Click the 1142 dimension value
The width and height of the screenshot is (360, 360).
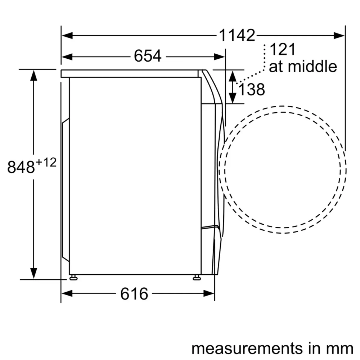[x=237, y=36]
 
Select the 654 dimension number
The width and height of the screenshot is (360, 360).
[x=148, y=56]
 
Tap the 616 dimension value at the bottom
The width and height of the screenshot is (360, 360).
[x=134, y=294]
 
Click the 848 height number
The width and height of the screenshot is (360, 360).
[x=21, y=167]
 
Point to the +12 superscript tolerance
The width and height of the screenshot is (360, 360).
[x=46, y=163]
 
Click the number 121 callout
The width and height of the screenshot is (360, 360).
[x=282, y=50]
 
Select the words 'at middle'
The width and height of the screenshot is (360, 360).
[x=303, y=67]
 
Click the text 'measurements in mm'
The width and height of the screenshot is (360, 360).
[x=272, y=348]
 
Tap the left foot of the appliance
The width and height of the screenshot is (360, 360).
[x=73, y=277]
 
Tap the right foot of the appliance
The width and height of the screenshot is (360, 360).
[x=197, y=277]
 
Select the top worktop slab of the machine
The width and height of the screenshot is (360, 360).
[x=130, y=73]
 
